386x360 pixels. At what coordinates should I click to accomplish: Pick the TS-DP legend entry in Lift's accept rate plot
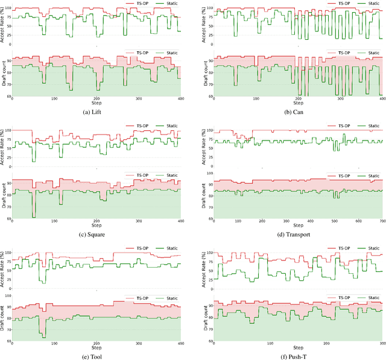pyautogui.click(x=137, y=4)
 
